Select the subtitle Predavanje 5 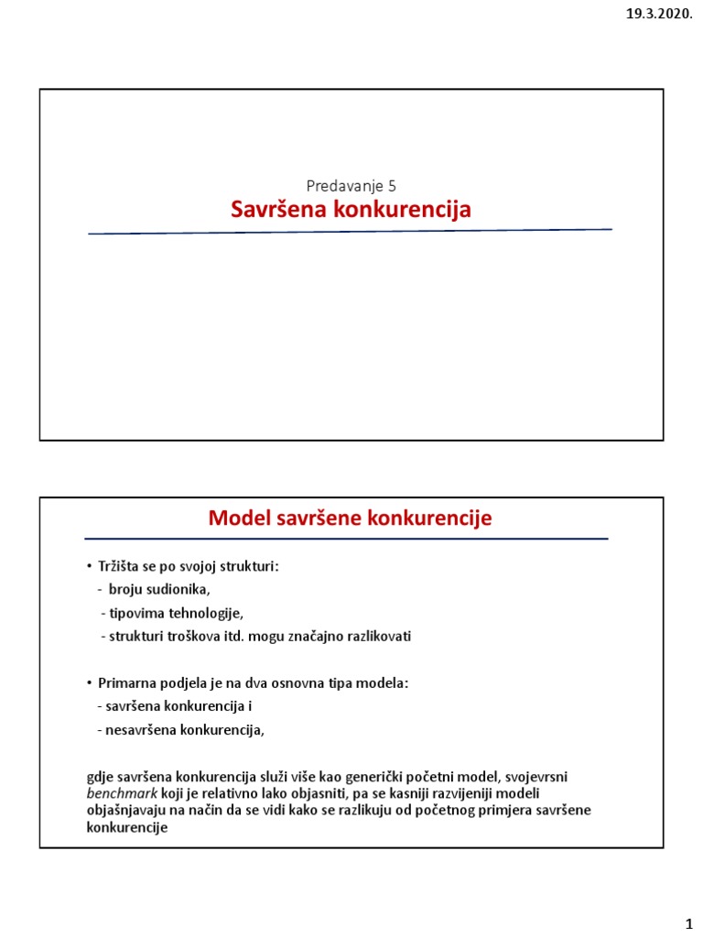click(x=351, y=185)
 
